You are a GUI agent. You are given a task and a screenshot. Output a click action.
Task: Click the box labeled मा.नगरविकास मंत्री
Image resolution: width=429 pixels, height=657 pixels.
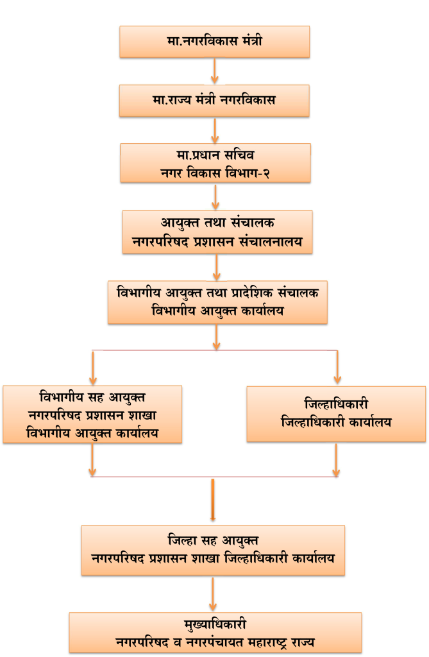pos(214,42)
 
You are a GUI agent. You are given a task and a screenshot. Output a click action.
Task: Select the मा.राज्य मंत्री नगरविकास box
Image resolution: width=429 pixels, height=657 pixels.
pos(214,101)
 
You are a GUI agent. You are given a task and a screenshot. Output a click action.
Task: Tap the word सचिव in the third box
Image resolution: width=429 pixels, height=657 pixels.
pos(239,155)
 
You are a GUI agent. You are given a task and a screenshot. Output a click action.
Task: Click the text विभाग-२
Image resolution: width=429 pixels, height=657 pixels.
pos(247,173)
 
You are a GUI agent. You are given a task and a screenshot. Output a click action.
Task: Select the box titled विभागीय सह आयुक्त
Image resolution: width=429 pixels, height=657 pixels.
pos(92,414)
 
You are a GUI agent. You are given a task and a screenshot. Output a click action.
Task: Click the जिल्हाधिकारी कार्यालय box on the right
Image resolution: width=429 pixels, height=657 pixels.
pos(336,414)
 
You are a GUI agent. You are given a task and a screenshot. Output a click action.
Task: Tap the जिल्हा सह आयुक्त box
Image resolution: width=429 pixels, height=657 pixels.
pos(213,550)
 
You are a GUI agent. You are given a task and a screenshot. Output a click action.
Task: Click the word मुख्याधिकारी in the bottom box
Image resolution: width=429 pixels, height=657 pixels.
pos(215,625)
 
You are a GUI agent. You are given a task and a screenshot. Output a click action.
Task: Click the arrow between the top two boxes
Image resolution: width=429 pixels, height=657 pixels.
pos(214,71)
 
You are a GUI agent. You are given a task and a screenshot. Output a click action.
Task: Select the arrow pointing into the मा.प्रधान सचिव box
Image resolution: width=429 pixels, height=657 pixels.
pos(215,130)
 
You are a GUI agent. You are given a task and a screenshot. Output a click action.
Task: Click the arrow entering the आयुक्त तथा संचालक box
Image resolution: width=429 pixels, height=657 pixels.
pos(215,197)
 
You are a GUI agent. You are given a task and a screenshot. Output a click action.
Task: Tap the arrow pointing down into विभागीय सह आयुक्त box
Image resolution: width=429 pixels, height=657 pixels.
pos(92,368)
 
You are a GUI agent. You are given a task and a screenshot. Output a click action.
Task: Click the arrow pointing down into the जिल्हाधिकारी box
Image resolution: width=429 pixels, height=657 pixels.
pos(337,367)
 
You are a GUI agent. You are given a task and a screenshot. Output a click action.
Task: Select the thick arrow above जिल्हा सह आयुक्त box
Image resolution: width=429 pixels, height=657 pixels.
pos(213,500)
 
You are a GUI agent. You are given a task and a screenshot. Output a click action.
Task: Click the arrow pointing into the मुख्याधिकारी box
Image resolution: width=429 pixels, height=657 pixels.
pos(213,594)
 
